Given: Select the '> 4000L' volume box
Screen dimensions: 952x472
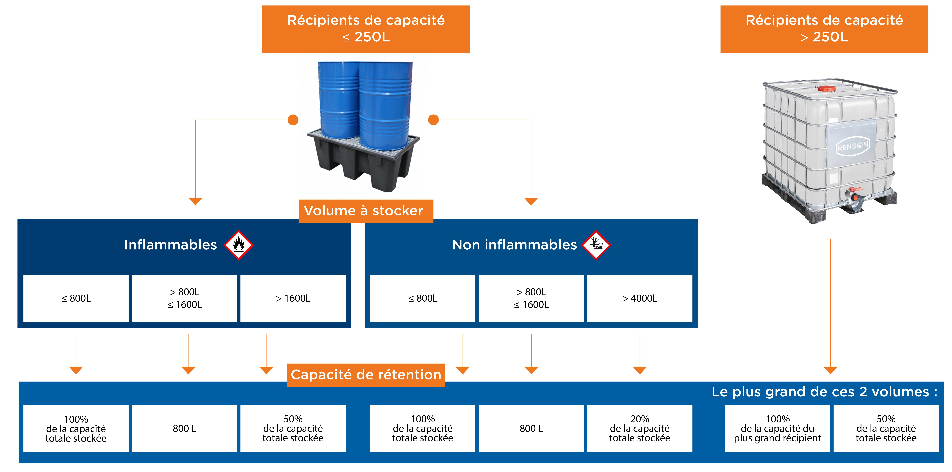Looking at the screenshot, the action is click(x=640, y=298).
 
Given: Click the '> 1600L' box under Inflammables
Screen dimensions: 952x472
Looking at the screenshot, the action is click(x=293, y=298).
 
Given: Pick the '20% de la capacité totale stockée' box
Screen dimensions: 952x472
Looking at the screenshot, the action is click(x=640, y=428).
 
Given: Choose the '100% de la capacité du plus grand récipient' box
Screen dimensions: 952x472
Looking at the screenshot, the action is click(x=778, y=428).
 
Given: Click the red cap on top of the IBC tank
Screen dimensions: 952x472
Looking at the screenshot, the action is click(x=827, y=89).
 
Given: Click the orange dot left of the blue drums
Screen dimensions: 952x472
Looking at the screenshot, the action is click(x=293, y=120).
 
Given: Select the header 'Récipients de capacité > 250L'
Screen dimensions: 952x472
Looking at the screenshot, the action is click(x=824, y=29).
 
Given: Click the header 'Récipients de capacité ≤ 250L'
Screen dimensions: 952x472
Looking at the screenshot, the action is click(x=366, y=29).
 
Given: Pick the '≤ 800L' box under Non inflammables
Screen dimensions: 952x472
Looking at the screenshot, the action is click(x=422, y=298).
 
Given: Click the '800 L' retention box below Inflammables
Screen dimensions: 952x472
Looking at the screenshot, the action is click(x=184, y=428).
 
